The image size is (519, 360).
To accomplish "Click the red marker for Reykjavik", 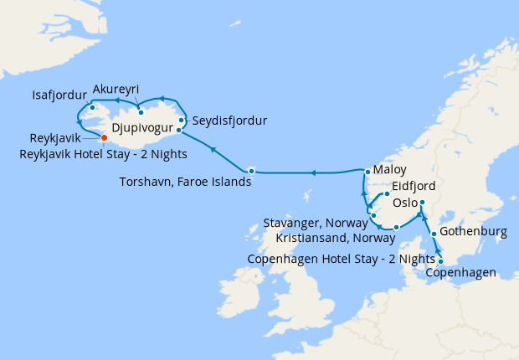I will [x=104, y=138].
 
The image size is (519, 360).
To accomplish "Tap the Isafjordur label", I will [x=54, y=94].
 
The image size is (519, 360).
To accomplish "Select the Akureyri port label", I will [x=116, y=90].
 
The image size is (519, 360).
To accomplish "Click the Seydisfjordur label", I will [x=229, y=121].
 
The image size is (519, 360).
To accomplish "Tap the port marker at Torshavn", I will [x=251, y=171].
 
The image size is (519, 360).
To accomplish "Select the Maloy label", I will [x=389, y=169].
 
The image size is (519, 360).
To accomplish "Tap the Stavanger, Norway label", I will [x=316, y=224].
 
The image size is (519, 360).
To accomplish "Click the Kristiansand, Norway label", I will [x=323, y=239].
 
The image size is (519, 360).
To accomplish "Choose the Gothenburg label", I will [x=475, y=232].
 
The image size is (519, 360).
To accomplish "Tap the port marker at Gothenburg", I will [x=434, y=234].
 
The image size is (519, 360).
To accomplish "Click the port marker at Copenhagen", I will [x=441, y=261].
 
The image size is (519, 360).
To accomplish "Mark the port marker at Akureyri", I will [x=141, y=112].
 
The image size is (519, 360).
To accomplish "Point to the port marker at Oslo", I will [x=422, y=203].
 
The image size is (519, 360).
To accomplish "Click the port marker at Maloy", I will [x=367, y=172].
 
